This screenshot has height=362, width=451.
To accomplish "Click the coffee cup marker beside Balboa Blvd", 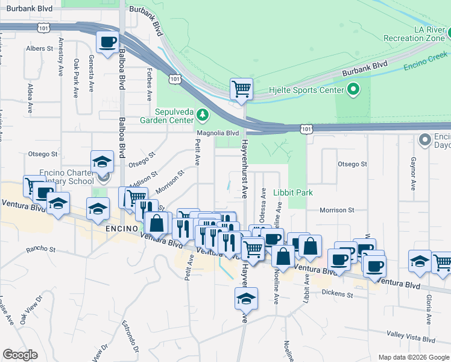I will click(x=108, y=42).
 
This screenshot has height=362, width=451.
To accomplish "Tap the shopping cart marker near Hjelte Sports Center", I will click(x=241, y=89).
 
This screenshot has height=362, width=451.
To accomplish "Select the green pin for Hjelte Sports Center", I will click(x=353, y=91).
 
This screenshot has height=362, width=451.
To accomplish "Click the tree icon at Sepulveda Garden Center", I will click(x=204, y=114).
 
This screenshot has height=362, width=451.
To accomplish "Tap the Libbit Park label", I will click(x=293, y=192).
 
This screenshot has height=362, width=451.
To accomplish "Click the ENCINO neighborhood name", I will click(x=124, y=229).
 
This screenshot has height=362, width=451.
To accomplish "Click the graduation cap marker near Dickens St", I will click(x=246, y=298).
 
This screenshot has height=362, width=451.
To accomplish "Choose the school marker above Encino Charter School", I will click(x=102, y=161).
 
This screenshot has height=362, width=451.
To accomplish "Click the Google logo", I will click(x=20, y=355).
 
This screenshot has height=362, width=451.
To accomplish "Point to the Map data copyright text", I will click(x=414, y=357).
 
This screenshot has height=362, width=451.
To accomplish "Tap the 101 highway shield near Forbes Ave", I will click(x=174, y=79).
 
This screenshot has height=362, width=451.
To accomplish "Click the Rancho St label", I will click(x=40, y=249).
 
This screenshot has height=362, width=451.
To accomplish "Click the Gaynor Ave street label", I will click(x=414, y=171).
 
